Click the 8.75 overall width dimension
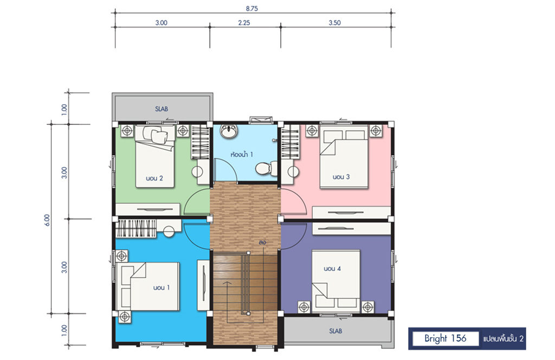(251, 8)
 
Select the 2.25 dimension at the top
(244, 23)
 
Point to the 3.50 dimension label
(334, 23)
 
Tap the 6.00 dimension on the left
(48, 220)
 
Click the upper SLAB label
(162, 108)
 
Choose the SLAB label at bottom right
(335, 331)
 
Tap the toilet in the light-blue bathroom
(267, 169)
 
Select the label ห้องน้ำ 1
(242, 155)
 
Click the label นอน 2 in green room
(154, 178)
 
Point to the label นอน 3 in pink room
(341, 177)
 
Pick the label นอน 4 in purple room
(332, 269)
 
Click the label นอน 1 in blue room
(162, 287)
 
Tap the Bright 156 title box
(446, 338)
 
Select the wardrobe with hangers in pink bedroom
(291, 142)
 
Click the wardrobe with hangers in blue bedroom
(136, 228)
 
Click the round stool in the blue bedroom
(169, 232)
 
